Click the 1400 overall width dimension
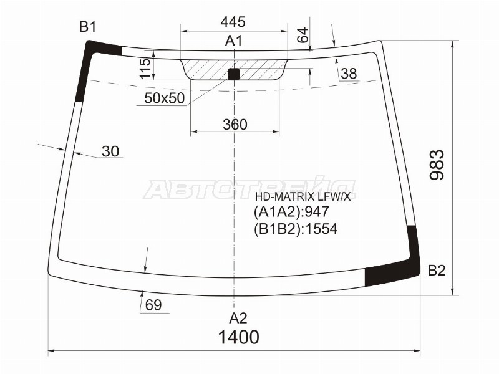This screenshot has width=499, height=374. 238,337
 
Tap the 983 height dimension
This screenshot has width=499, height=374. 436,165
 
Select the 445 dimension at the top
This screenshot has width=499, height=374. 233,22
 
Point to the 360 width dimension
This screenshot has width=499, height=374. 235,124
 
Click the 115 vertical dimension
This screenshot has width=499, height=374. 145,69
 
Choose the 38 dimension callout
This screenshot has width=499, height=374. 349,74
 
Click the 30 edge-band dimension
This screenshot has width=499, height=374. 110,151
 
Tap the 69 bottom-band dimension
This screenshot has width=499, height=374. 153,305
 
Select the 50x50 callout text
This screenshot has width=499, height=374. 164,98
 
